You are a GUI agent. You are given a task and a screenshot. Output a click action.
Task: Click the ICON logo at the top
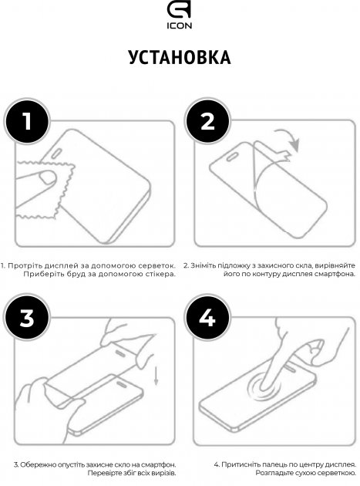coord(179,18)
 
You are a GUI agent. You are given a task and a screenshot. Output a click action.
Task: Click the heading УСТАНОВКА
coord(179,59)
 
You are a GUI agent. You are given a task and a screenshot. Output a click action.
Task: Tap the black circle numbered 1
coord(27,122)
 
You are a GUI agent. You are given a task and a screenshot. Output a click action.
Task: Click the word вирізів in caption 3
coord(162,474)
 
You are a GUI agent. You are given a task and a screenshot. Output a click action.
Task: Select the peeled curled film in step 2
coord(266,185)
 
